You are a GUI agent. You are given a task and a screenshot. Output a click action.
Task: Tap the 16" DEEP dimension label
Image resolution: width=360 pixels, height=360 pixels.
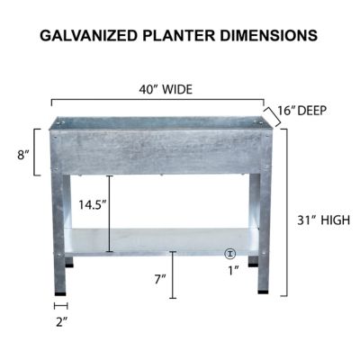pos(301,111)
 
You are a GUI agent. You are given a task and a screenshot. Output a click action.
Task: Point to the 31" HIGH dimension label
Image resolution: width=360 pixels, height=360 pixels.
pos(322,220)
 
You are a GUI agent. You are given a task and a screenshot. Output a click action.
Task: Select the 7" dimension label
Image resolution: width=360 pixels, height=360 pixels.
pos(159,280)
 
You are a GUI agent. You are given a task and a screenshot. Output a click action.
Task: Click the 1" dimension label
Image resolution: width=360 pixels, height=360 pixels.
pos(232,270)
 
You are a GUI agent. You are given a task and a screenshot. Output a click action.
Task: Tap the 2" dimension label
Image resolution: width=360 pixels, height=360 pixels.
pos(61,320)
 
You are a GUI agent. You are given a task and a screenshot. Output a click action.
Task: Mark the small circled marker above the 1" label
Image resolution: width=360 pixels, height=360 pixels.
pos(230,255)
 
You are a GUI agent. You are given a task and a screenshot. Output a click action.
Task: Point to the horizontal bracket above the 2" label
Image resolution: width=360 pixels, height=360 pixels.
pos(61,306)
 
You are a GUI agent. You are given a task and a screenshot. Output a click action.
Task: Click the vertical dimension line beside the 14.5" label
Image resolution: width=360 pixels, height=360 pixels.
pos(110,214)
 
